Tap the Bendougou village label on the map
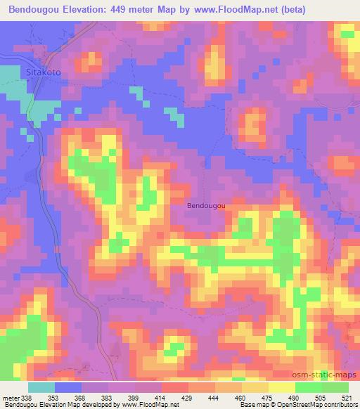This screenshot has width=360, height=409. (206, 206)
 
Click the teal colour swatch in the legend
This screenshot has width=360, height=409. (41, 387)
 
